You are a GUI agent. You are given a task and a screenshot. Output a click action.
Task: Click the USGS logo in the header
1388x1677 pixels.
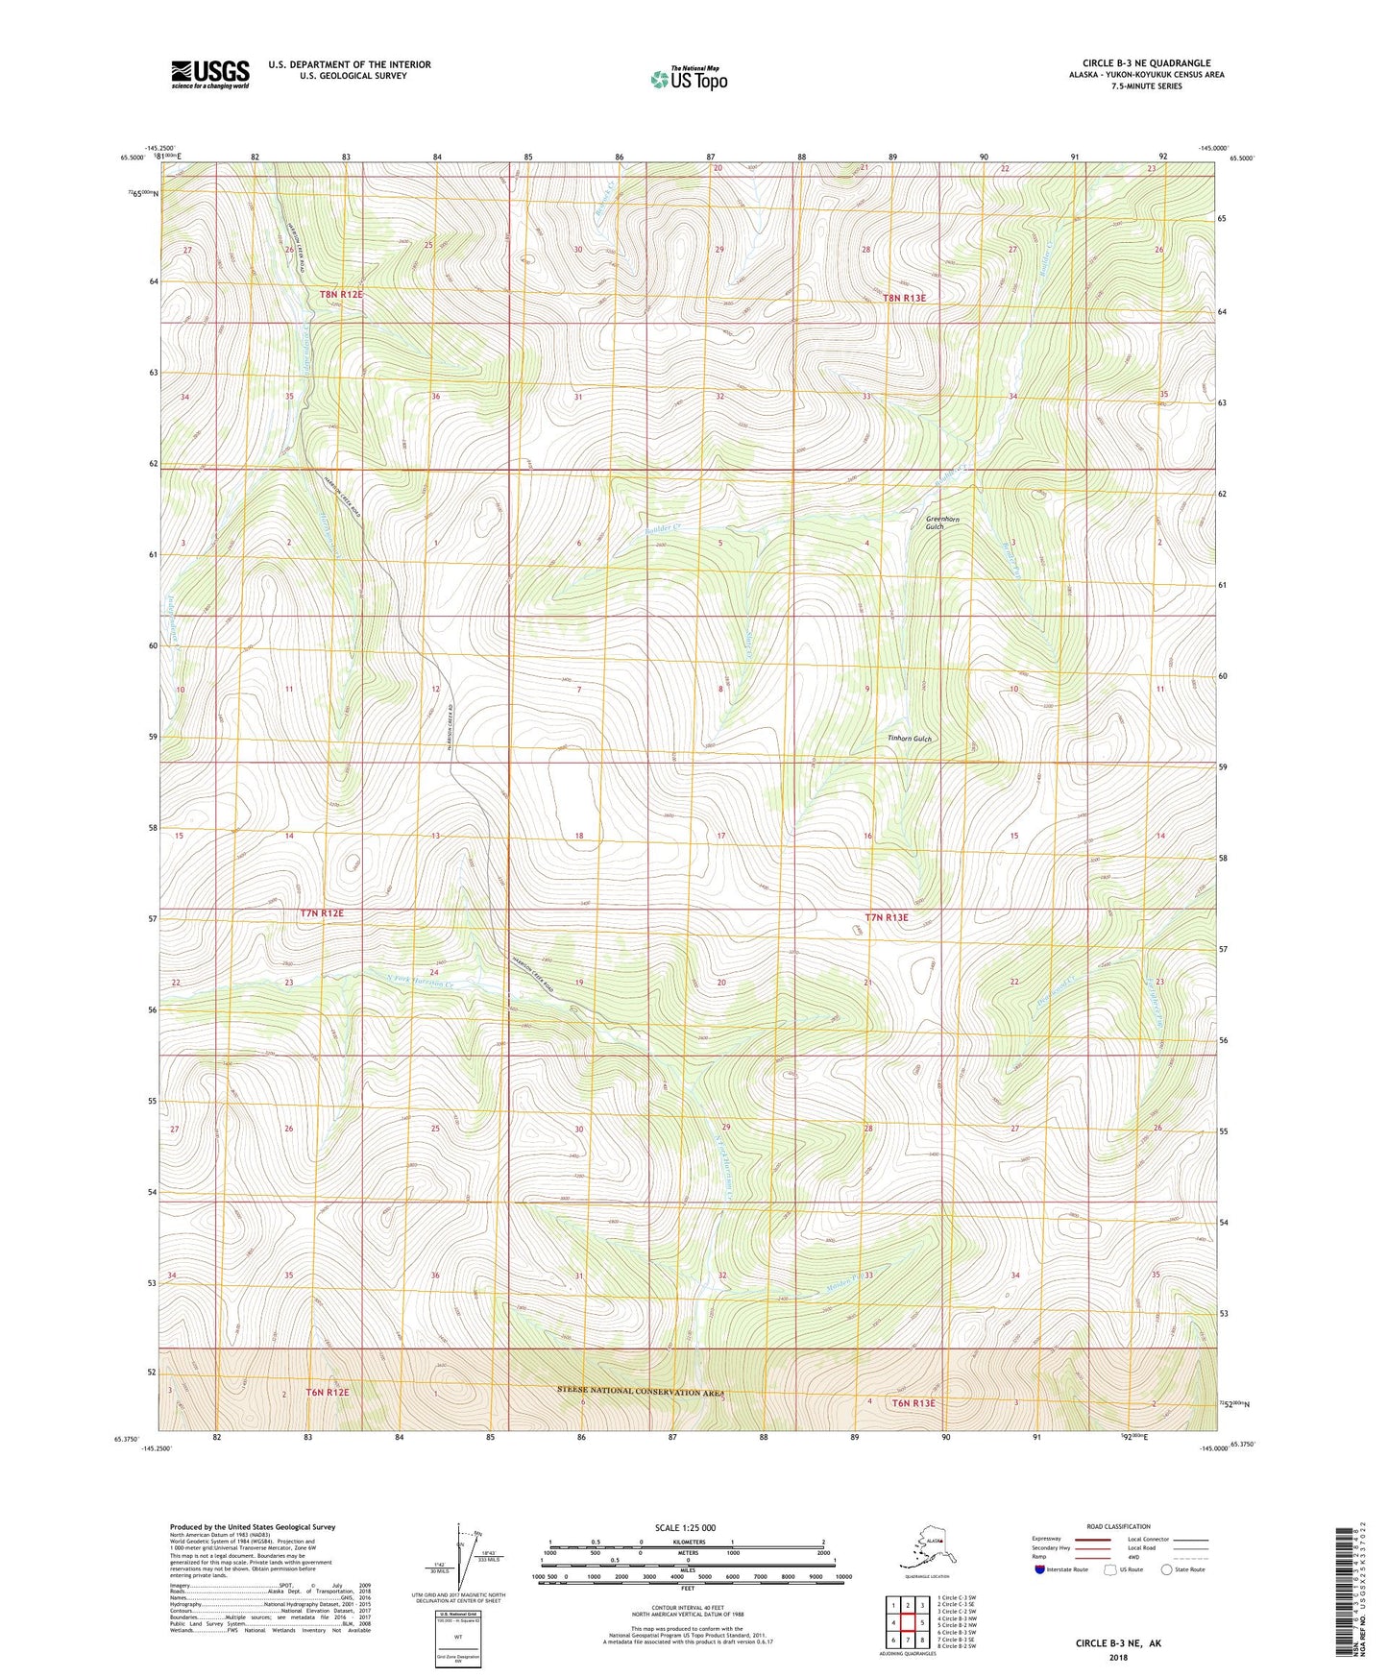tap(209, 74)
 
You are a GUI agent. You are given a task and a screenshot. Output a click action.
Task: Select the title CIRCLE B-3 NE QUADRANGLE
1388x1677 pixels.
tap(1146, 63)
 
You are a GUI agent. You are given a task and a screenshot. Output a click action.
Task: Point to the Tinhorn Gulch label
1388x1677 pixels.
tap(910, 739)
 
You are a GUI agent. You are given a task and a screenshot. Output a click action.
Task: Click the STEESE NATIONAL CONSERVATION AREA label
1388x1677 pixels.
tap(641, 1391)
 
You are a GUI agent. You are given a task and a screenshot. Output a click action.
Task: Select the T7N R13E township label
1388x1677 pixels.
tap(886, 917)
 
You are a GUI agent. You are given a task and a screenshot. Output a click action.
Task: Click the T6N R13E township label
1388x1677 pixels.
tap(913, 1403)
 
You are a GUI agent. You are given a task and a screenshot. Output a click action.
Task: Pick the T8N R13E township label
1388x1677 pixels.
tap(904, 298)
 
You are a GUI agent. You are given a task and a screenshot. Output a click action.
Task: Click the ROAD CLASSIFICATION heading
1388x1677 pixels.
tap(1118, 1526)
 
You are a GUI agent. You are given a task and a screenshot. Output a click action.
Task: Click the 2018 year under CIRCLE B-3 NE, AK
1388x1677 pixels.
tap(1118, 1657)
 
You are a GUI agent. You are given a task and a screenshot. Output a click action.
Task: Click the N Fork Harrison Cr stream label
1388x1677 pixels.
tap(418, 982)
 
